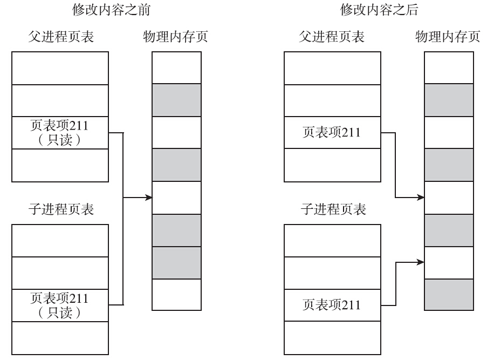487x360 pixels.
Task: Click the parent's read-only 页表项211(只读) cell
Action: pyautogui.click(x=60, y=133)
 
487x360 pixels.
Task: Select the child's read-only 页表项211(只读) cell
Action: pyautogui.click(x=60, y=305)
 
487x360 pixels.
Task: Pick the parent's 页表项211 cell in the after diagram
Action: pyautogui.click(x=332, y=133)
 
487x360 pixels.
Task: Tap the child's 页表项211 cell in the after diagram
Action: pyautogui.click(x=332, y=305)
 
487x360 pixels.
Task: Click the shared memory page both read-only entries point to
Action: pyautogui.click(x=176, y=198)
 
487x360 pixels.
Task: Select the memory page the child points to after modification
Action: pyautogui.click(x=449, y=263)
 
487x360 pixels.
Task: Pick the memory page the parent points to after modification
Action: pyautogui.click(x=449, y=198)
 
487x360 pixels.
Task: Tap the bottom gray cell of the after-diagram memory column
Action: pyautogui.click(x=449, y=295)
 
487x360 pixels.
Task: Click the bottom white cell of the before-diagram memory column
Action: pyautogui.click(x=176, y=295)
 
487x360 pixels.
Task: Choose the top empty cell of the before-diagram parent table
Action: pyautogui.click(x=60, y=69)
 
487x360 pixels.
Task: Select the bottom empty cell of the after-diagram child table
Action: pyautogui.click(x=332, y=338)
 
